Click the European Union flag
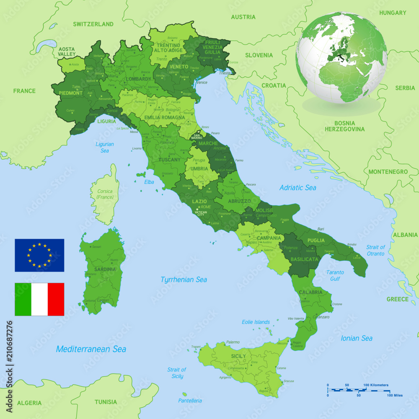coord(39,255)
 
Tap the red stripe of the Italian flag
coord(56,299)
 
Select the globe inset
coord(341,57)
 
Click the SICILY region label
coord(238,356)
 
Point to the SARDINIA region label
coord(105,269)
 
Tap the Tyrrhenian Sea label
coord(184,279)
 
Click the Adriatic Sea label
coord(298,188)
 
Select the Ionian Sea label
coord(357,338)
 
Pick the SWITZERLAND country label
coord(93,24)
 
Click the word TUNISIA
coord(106,402)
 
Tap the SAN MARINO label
coord(197,137)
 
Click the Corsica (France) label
coord(105,194)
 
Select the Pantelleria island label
coord(190,401)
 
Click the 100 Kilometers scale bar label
coord(376,385)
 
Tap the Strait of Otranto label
coord(375,250)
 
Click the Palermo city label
coord(233,342)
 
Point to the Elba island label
coord(149,182)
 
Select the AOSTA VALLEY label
coord(67,52)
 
